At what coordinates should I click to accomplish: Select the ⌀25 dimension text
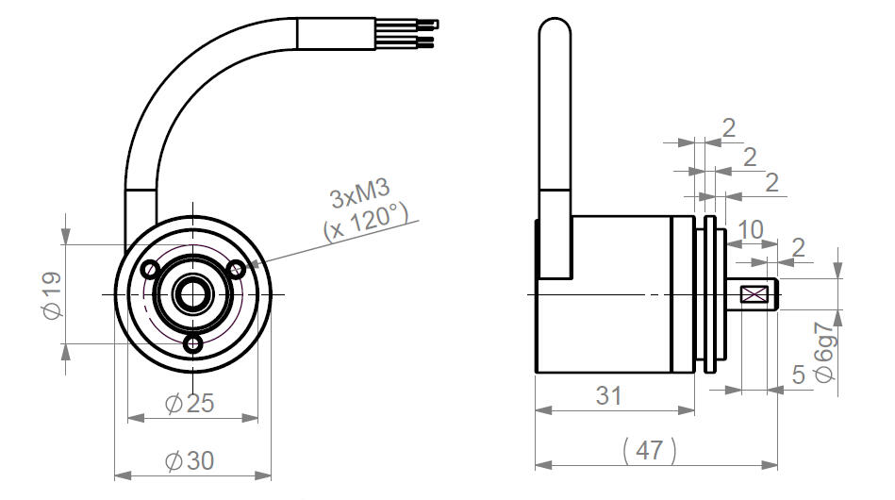click(x=190, y=403)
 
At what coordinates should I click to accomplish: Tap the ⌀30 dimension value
click(x=190, y=461)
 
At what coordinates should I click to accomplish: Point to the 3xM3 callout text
click(x=360, y=198)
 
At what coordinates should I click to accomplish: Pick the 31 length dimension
click(x=609, y=395)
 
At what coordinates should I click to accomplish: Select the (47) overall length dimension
click(x=649, y=451)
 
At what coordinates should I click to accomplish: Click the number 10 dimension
click(x=751, y=229)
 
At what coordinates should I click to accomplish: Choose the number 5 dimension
click(x=799, y=375)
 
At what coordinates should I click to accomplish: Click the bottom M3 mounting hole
click(x=193, y=344)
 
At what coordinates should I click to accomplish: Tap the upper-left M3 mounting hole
click(x=149, y=270)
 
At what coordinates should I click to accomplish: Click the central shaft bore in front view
click(x=193, y=294)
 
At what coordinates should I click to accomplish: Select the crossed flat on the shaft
click(x=755, y=295)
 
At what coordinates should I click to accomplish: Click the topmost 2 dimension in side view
click(x=728, y=128)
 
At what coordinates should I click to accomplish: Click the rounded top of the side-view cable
click(x=554, y=28)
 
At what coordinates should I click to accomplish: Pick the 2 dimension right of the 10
click(x=799, y=247)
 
